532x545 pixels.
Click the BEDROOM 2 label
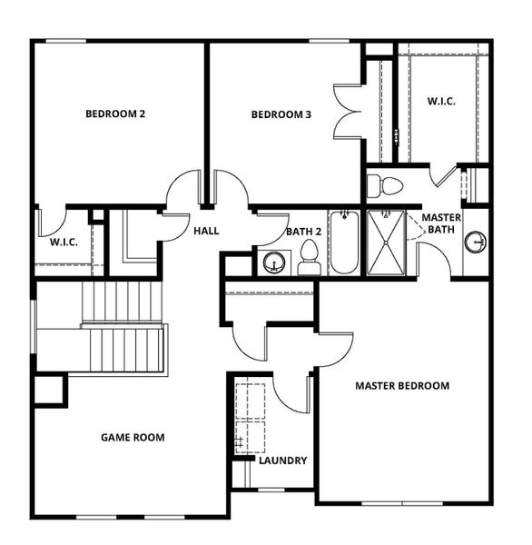(x=116, y=114)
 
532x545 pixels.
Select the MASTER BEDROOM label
(x=402, y=385)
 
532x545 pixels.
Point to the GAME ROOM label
(x=133, y=437)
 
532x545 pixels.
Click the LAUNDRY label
(x=283, y=461)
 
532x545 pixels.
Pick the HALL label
(x=206, y=232)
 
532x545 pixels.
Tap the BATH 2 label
(x=302, y=232)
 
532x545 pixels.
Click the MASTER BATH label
(x=441, y=223)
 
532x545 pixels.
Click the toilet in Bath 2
(x=308, y=257)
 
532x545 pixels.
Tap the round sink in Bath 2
(x=272, y=263)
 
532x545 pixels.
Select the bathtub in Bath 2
(x=343, y=243)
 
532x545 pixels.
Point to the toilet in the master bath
(x=386, y=187)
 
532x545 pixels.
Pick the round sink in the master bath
(x=475, y=242)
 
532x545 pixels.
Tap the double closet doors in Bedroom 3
(x=349, y=111)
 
